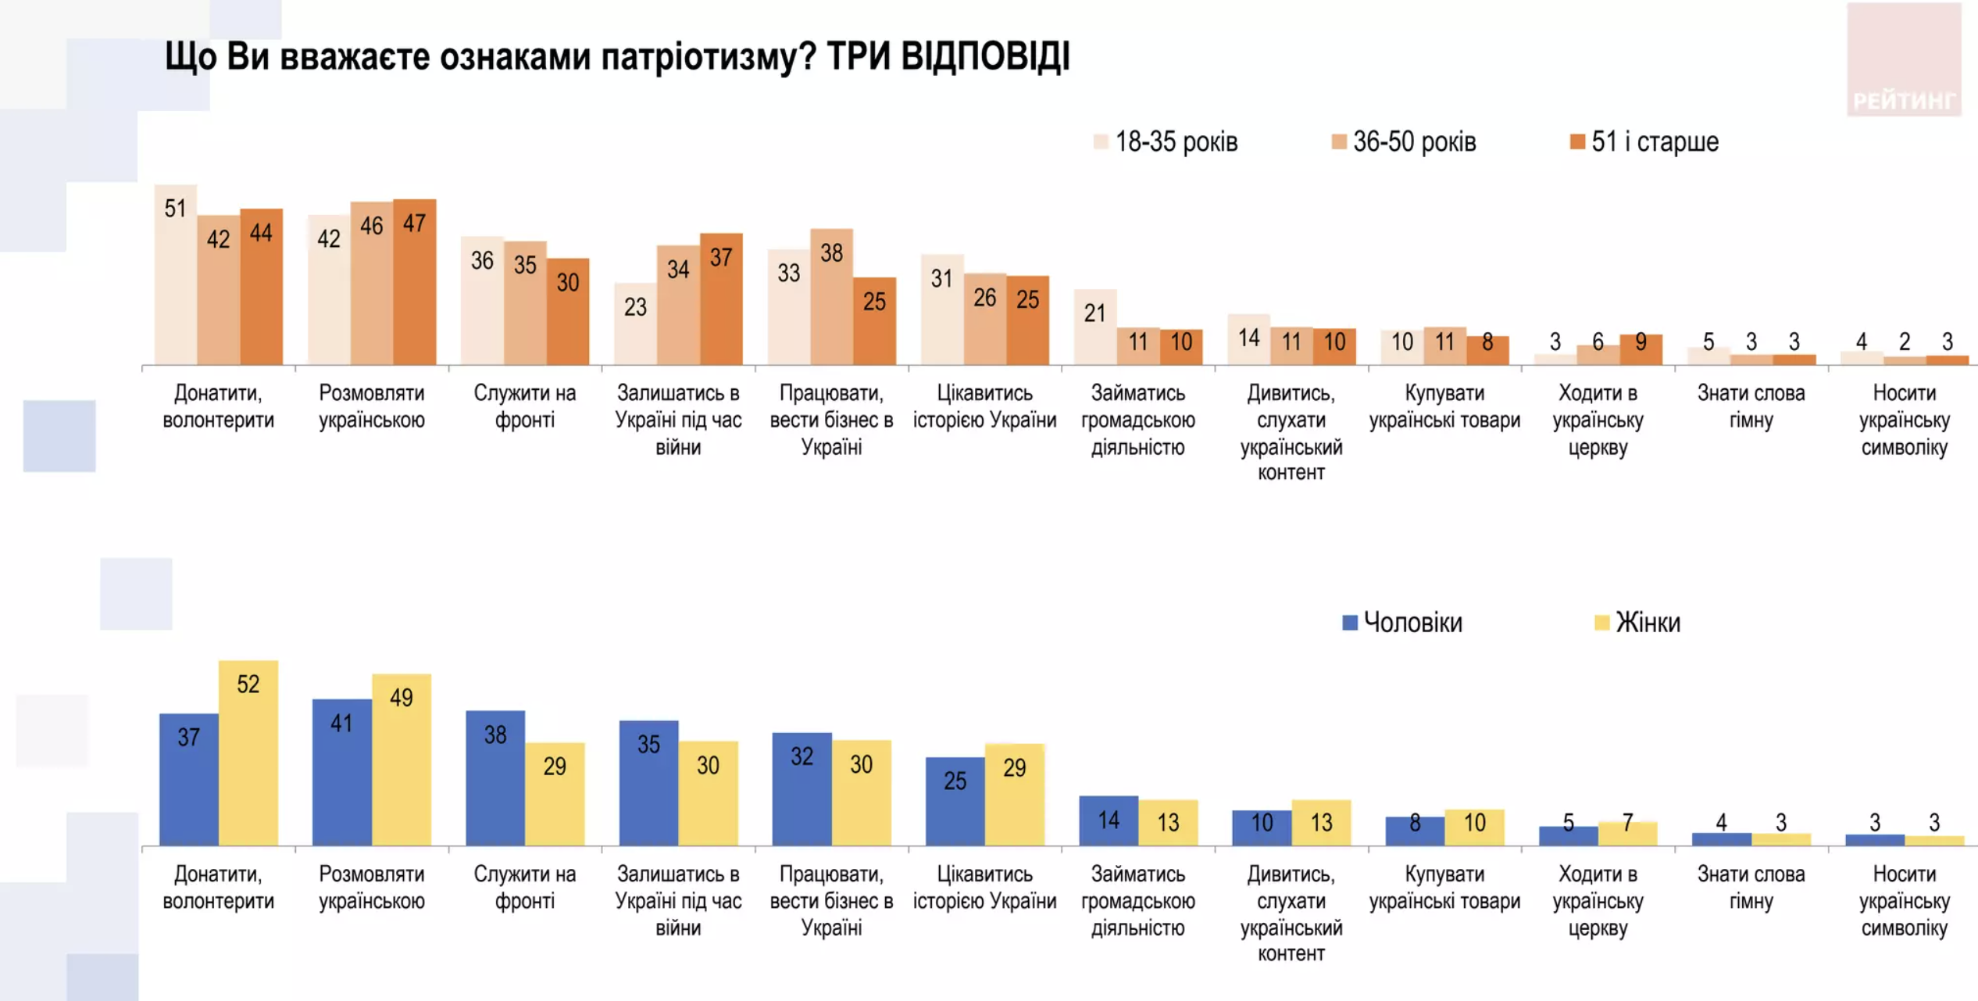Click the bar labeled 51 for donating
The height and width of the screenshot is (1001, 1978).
[175, 275]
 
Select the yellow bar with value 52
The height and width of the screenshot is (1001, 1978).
[248, 753]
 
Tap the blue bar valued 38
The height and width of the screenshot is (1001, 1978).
[495, 778]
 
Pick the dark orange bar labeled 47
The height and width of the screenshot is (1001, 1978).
[414, 283]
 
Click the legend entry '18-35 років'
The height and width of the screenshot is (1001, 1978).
[1166, 142]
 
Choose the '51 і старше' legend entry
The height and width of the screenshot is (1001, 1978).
[1644, 142]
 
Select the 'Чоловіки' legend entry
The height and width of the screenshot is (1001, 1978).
[1402, 623]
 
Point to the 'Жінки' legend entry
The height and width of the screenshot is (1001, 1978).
[1637, 623]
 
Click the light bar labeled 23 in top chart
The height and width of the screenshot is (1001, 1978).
[635, 324]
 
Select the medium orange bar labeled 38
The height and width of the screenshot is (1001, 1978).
[831, 297]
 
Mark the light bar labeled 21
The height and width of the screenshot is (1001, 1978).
[1094, 327]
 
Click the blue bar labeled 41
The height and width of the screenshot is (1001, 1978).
[341, 772]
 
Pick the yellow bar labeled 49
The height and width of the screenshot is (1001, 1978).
[402, 760]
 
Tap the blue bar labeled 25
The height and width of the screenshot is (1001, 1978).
[955, 801]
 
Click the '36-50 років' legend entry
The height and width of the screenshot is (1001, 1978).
[1404, 142]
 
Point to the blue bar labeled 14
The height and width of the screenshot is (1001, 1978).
[1109, 820]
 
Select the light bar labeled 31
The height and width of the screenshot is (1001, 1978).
[942, 309]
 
